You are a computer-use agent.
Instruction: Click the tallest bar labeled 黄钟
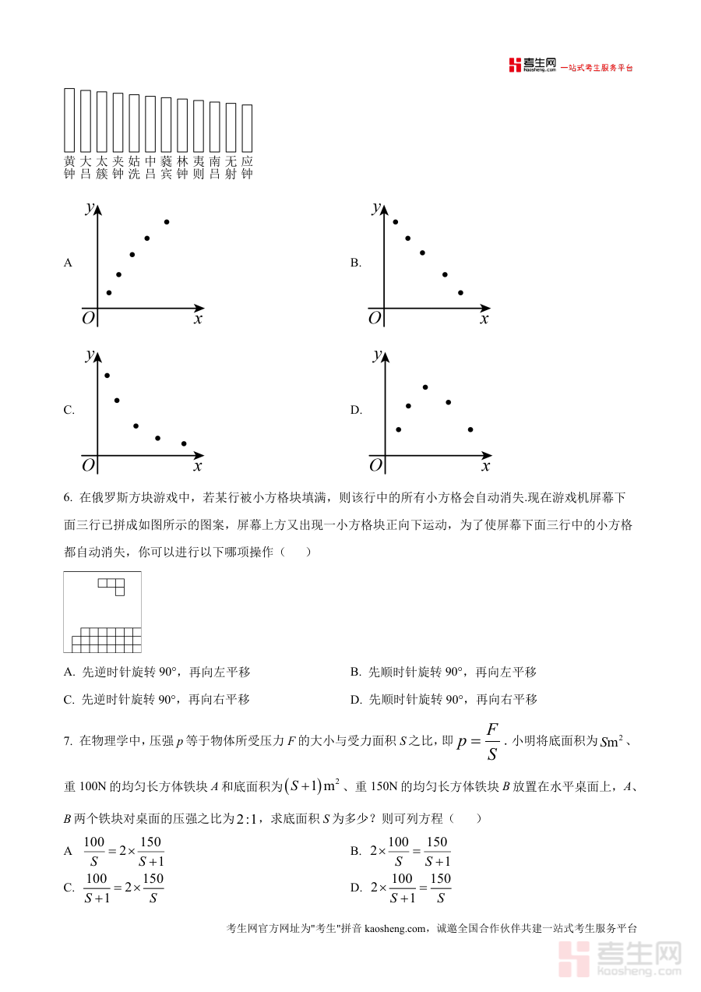coord(69,120)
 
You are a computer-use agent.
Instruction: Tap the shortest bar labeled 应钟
coord(247,128)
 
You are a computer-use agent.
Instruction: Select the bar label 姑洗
coord(134,168)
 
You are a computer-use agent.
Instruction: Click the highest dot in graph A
coord(167,222)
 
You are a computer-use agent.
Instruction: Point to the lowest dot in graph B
coord(460,293)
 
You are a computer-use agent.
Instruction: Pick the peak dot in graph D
coord(425,387)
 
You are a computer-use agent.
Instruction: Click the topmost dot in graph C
coord(107,375)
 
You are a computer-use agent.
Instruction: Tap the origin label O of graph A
coord(88,318)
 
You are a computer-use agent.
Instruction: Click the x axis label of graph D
coord(485,466)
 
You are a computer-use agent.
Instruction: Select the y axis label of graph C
coord(90,355)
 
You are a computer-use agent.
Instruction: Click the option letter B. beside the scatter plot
coord(355,263)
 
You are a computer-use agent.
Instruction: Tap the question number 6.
coord(68,497)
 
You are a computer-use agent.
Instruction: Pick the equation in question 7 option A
coord(124,851)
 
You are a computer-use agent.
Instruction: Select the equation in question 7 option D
coord(411,888)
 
